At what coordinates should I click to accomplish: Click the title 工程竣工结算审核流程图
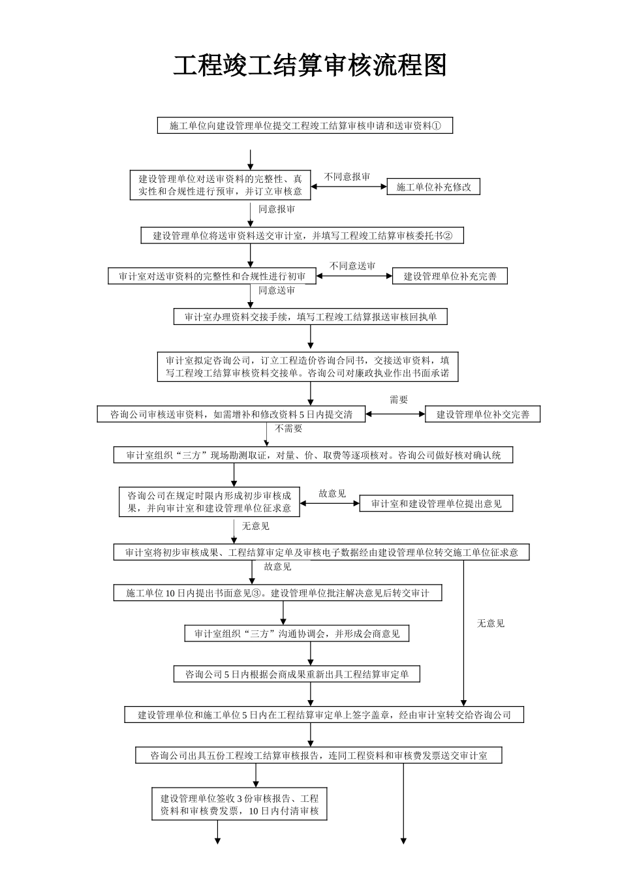tap(310, 66)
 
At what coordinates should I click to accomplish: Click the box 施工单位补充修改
tap(433, 187)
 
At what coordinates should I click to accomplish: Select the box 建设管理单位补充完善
tap(450, 276)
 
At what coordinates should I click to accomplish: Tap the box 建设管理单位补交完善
tap(482, 414)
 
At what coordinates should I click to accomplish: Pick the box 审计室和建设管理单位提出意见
tap(436, 503)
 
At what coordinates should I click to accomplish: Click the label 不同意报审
tap(347, 177)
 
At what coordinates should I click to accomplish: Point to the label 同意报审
tap(277, 209)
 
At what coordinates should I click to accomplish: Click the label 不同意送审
tap(352, 266)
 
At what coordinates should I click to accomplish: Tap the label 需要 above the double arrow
tap(399, 400)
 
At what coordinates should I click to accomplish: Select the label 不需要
tap(288, 429)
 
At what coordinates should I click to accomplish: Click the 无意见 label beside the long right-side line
tap(490, 623)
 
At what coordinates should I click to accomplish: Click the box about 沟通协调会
tap(296, 634)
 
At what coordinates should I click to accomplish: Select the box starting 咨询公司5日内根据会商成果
tap(296, 674)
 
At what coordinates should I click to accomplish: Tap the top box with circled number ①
tap(305, 125)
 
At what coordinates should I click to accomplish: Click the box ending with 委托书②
tap(302, 236)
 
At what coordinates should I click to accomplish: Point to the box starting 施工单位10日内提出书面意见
tap(277, 593)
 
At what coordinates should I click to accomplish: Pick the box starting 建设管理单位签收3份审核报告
tap(239, 805)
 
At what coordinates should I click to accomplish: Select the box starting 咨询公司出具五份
tap(318, 756)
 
